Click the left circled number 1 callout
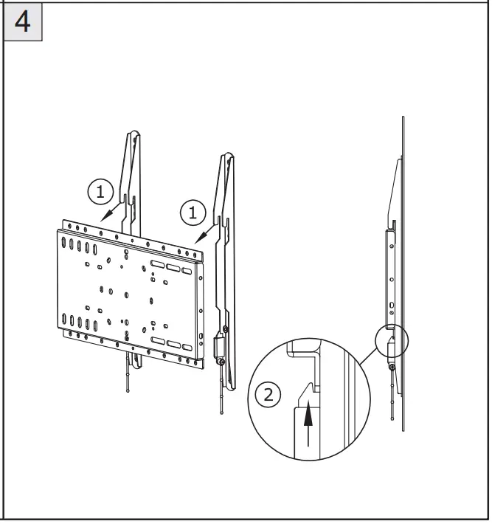click(101, 192)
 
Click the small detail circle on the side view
click(392, 342)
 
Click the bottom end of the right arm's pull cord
click(222, 413)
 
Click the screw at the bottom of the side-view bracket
click(391, 366)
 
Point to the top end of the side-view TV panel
click(402, 118)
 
